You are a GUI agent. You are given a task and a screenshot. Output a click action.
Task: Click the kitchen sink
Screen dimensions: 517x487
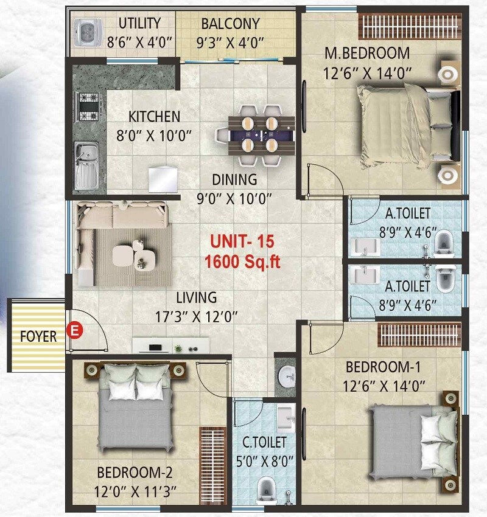tap(86, 156)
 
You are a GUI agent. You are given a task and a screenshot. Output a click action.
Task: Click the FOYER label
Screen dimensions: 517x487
tap(38, 336)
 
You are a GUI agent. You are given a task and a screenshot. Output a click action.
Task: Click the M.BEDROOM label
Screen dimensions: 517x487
tap(366, 52)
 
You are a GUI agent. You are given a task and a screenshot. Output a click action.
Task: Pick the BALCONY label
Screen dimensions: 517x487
tap(231, 24)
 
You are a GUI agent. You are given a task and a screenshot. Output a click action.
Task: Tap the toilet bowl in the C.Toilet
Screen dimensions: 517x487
tap(265, 487)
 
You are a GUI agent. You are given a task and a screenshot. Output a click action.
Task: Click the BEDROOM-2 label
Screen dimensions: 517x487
tap(128, 473)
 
